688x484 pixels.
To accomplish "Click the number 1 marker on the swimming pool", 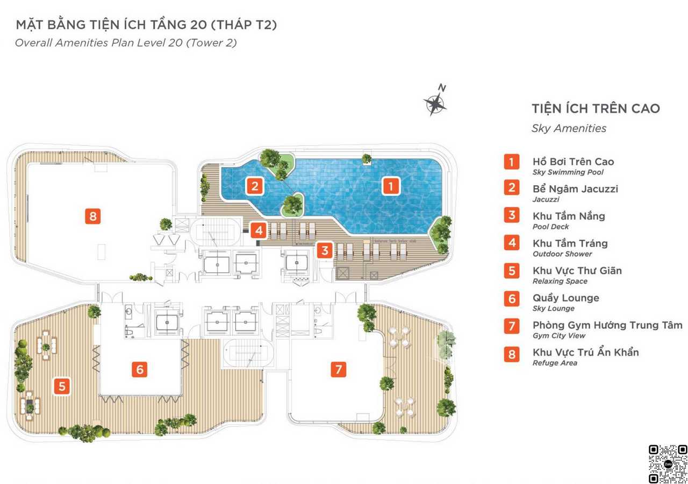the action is [x=391, y=186].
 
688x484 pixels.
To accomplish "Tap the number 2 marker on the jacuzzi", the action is [x=255, y=186].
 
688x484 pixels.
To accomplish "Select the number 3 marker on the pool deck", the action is [x=325, y=250].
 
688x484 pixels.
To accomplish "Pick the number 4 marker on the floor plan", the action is [x=259, y=230].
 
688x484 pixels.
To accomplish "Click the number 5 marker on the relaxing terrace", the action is [x=62, y=387].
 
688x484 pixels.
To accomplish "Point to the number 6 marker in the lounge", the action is [x=140, y=369].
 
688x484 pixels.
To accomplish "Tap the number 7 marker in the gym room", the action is [x=339, y=369].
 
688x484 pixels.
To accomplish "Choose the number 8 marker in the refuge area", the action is [x=93, y=216].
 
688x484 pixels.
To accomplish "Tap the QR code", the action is [x=668, y=464].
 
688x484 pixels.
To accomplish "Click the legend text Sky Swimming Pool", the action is [x=568, y=172].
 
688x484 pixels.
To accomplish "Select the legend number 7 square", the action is [x=512, y=326].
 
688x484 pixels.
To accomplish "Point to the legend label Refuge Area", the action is [x=555, y=363].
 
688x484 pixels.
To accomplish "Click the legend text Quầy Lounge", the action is [x=566, y=298].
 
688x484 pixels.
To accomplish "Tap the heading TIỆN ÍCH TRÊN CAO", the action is [x=596, y=108].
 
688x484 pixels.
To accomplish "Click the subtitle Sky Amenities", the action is [x=569, y=128].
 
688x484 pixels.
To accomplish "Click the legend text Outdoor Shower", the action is [x=562, y=254].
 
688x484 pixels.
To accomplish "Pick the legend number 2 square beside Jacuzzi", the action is [x=512, y=187].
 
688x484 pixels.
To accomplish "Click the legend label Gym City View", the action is [x=559, y=336].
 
